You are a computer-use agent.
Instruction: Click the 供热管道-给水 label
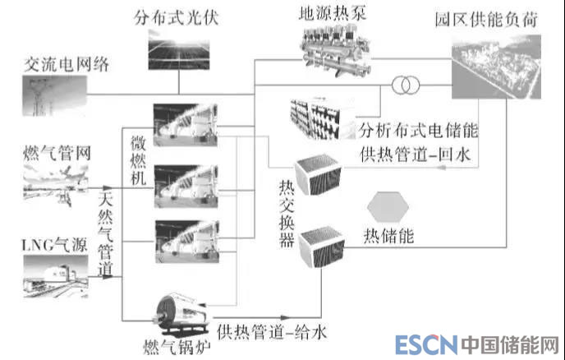(273, 333)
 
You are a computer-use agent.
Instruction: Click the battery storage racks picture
(321, 118)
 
